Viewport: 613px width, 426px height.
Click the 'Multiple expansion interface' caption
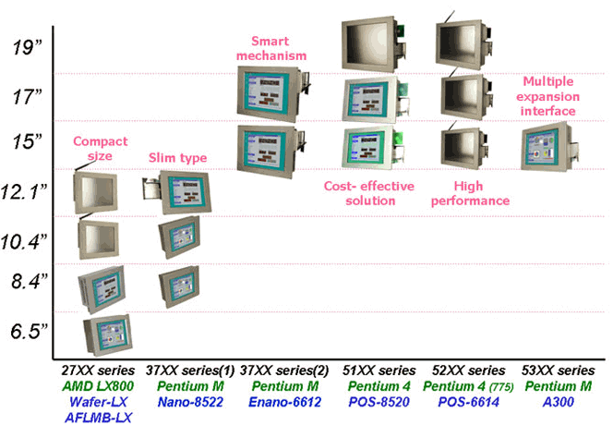[549, 95]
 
